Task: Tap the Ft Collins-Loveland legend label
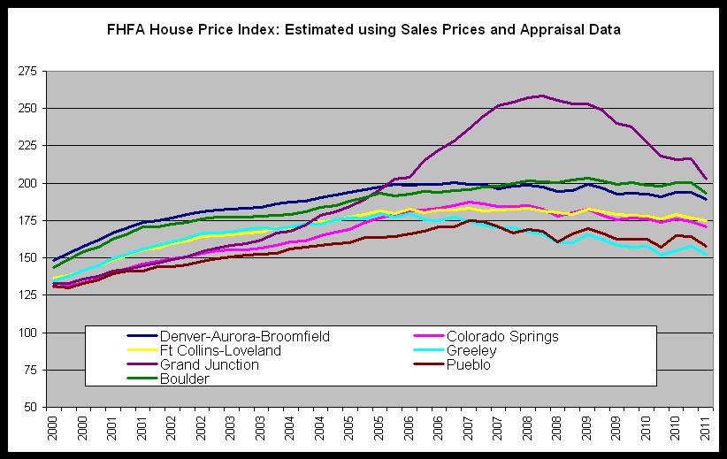tap(221, 350)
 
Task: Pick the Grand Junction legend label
tap(210, 364)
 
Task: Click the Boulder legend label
tap(185, 379)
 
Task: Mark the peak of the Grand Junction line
tap(541, 96)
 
